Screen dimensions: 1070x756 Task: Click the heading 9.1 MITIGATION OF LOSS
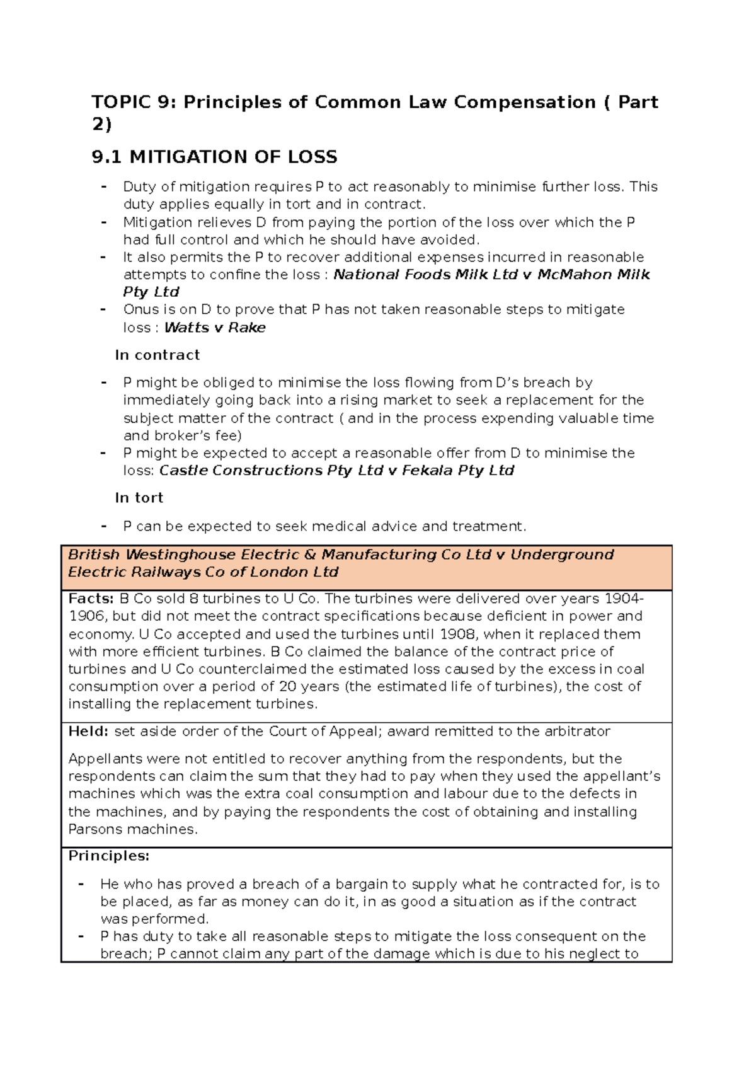coord(214,157)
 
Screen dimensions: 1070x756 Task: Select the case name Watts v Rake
coord(215,328)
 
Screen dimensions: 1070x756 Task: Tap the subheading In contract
coord(157,355)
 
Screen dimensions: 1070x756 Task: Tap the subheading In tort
coord(139,498)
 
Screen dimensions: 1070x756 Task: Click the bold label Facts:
coord(91,599)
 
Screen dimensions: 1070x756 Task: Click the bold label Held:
coord(88,732)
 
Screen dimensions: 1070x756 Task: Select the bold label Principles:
coord(108,856)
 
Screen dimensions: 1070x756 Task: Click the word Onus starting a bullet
coord(140,309)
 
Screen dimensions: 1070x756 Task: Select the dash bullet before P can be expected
coord(104,526)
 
